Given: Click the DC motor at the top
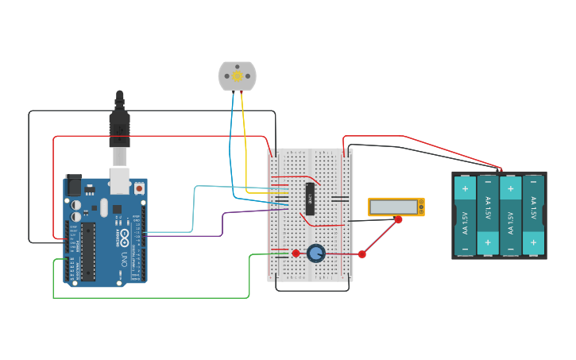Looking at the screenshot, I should tap(237, 75).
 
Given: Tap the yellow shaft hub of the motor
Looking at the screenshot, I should tap(237, 76).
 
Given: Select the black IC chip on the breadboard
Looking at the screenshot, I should tap(311, 199).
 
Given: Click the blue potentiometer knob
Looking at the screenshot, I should tap(316, 254).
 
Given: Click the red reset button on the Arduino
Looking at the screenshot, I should tap(139, 189).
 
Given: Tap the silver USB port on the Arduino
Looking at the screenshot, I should tap(119, 181).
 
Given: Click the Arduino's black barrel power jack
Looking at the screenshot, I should tap(73, 186).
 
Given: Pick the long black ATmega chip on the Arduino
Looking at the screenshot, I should tap(88, 251).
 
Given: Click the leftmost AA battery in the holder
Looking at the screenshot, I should tap(465, 215).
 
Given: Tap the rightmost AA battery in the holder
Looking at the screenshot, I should tap(533, 215).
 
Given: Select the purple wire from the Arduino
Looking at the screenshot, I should tap(222, 223).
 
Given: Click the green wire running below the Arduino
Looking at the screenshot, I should tap(151, 298).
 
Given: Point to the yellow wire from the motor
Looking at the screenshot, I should tap(244, 143).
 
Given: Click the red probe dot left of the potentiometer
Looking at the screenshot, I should tap(296, 254).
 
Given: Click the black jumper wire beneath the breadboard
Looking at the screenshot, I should tap(311, 290).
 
